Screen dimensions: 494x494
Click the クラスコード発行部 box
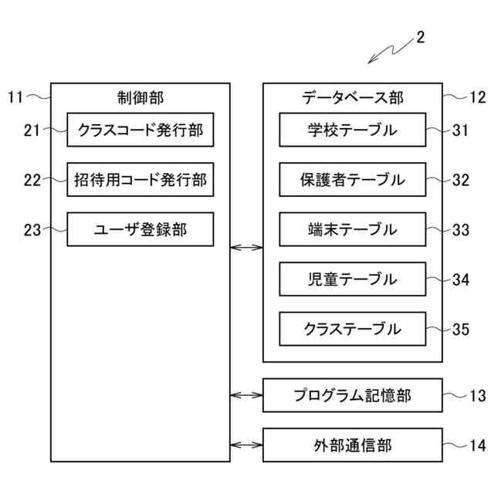140,130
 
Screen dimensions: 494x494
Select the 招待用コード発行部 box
140,180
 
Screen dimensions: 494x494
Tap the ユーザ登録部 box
140,229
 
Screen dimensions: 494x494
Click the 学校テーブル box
352,130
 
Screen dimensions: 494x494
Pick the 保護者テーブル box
352,180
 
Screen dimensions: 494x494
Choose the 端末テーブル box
352,229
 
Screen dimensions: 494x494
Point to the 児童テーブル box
352,279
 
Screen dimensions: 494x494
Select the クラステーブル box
352,329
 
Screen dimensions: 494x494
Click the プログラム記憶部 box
352,395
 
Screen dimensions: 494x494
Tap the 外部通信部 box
352,445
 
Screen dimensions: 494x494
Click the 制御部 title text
140,97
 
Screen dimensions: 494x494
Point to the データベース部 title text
352,97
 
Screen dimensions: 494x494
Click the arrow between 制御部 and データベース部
246,248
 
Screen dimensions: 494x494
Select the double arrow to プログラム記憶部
246,395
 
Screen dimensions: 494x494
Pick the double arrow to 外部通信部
246,445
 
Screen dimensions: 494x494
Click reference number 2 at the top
420,36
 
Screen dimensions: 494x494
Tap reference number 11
16,97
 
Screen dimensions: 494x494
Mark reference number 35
461,330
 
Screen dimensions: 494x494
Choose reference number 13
477,396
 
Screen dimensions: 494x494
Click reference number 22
32,181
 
